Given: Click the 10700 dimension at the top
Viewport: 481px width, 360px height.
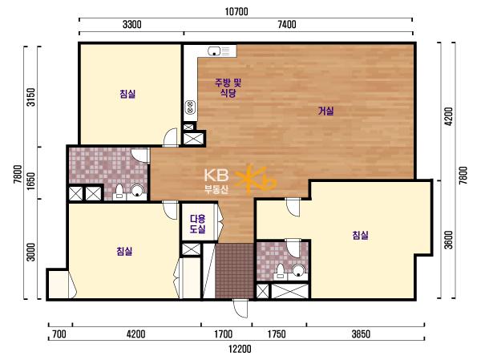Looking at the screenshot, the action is (236, 12).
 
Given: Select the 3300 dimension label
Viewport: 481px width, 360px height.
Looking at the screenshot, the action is (132, 25).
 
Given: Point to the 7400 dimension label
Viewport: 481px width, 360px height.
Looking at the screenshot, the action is (287, 25).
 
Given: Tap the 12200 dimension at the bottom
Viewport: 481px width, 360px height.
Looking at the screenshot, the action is (240, 349).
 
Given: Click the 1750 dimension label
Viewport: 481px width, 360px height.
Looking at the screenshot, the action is (277, 334).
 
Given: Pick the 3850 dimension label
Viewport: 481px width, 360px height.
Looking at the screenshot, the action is (361, 334).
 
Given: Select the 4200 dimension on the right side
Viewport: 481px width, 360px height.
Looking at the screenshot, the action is (448, 116).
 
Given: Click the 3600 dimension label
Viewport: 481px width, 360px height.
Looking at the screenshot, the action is (448, 240).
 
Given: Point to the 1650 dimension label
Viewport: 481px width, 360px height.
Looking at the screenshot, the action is (31, 180).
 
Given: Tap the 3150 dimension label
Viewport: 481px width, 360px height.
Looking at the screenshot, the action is (31, 97).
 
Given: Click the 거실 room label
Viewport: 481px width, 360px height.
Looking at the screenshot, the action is (325, 111).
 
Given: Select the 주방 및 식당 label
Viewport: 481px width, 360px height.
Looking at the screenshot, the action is (228, 87).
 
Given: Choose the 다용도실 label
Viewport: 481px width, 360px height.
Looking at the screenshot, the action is (197, 224).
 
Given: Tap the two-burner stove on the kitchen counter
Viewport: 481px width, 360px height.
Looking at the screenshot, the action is (191, 107).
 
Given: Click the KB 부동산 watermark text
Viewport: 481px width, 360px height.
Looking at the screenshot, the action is (216, 181).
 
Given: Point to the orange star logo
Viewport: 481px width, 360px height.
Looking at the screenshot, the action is (256, 180).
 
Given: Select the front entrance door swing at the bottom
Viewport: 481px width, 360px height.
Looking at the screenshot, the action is (240, 308).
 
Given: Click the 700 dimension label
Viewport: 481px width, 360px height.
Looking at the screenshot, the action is (59, 334).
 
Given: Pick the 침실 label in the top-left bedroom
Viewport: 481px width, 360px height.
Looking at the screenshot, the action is (127, 94).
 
